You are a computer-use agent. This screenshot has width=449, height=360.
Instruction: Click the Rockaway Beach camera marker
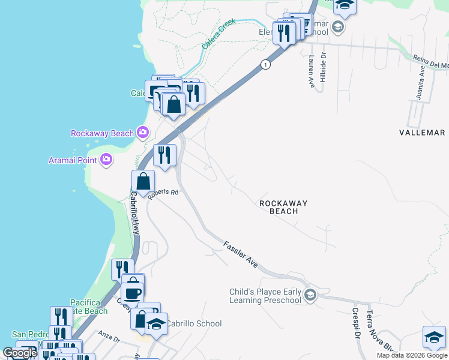142,131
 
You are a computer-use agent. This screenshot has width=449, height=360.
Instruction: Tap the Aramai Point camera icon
106,159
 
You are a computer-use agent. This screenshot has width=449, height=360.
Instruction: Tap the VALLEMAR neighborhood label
422,133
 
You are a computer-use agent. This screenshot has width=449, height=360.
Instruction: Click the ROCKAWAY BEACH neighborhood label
283,207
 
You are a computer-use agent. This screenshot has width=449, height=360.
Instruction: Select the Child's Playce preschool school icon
310,294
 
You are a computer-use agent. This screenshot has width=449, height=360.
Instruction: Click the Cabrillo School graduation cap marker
156,324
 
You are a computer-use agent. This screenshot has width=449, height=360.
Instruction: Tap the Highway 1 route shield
264,64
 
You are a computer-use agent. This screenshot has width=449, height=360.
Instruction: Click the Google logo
20,353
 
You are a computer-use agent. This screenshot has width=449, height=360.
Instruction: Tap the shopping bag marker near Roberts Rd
143,181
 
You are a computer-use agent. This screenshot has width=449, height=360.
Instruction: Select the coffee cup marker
132,293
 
